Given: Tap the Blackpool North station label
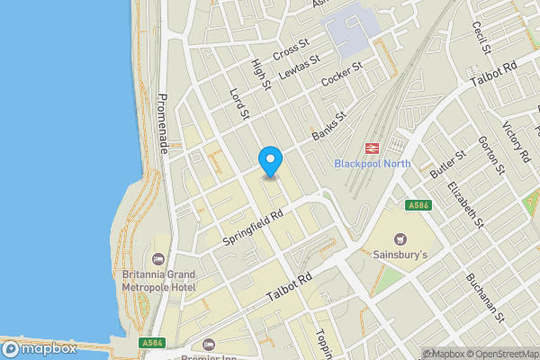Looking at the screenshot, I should (x=372, y=164).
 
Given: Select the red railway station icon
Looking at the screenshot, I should (x=371, y=148).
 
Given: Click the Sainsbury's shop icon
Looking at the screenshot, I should (x=400, y=239).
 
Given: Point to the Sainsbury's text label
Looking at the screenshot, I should (x=400, y=255).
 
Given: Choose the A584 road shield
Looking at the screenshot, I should (x=151, y=342).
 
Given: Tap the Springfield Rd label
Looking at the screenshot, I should (x=253, y=229).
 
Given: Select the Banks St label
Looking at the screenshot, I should (x=328, y=127).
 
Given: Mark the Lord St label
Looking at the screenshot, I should (x=238, y=104).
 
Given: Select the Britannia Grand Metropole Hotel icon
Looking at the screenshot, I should (x=159, y=259).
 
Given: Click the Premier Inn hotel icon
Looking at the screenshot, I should (x=210, y=344).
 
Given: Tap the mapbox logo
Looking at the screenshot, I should (x=38, y=348).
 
